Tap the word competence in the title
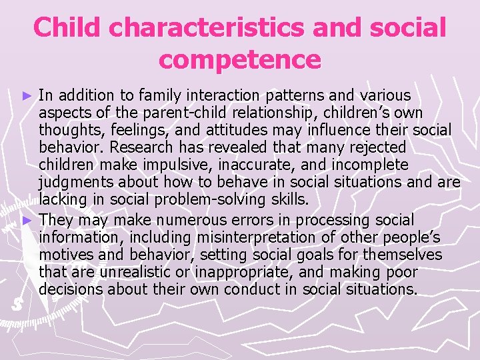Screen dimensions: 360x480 (x=239, y=60)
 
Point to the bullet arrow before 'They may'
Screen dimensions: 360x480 (x=27, y=221)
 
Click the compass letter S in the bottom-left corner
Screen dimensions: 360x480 (x=17, y=304)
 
